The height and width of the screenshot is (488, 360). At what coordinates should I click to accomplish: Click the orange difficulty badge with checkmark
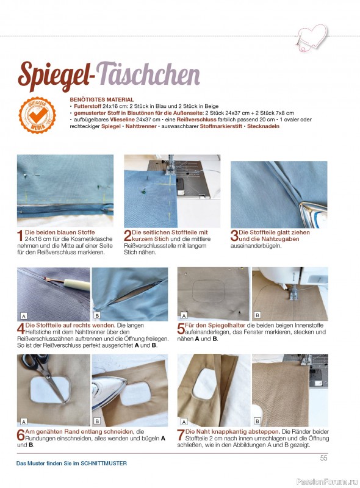37,115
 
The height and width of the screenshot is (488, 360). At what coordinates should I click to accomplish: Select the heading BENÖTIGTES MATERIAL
102,99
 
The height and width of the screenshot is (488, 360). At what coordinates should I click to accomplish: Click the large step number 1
20,235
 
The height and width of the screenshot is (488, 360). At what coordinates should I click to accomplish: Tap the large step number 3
234,235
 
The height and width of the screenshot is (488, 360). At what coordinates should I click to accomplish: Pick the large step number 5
181,329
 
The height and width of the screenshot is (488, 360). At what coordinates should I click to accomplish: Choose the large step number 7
181,435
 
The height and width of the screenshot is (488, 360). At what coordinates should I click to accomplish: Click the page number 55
323,458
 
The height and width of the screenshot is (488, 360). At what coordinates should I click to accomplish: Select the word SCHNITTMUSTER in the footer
104,463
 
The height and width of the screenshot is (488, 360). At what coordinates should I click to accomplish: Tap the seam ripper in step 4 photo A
68,282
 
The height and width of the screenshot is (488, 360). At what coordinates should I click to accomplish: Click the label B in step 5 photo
257,315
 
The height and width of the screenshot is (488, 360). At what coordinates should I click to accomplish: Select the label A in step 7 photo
184,422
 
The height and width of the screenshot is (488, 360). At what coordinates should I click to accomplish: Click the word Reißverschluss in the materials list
196,120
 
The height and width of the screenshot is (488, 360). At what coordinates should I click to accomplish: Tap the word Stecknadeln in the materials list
263,126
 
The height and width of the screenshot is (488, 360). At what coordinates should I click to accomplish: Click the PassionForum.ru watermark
327,481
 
